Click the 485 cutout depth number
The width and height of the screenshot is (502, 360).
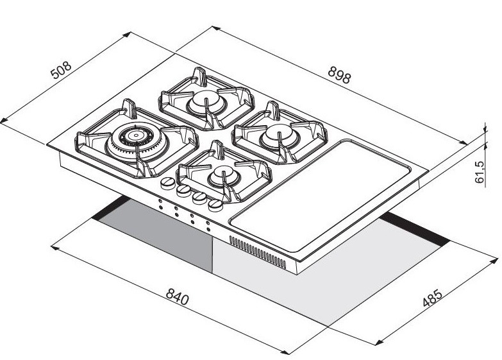point(432,300)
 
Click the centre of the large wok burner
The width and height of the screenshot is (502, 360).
point(135,137)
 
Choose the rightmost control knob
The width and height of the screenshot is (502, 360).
point(216,204)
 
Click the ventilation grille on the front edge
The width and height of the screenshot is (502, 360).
point(257,252)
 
